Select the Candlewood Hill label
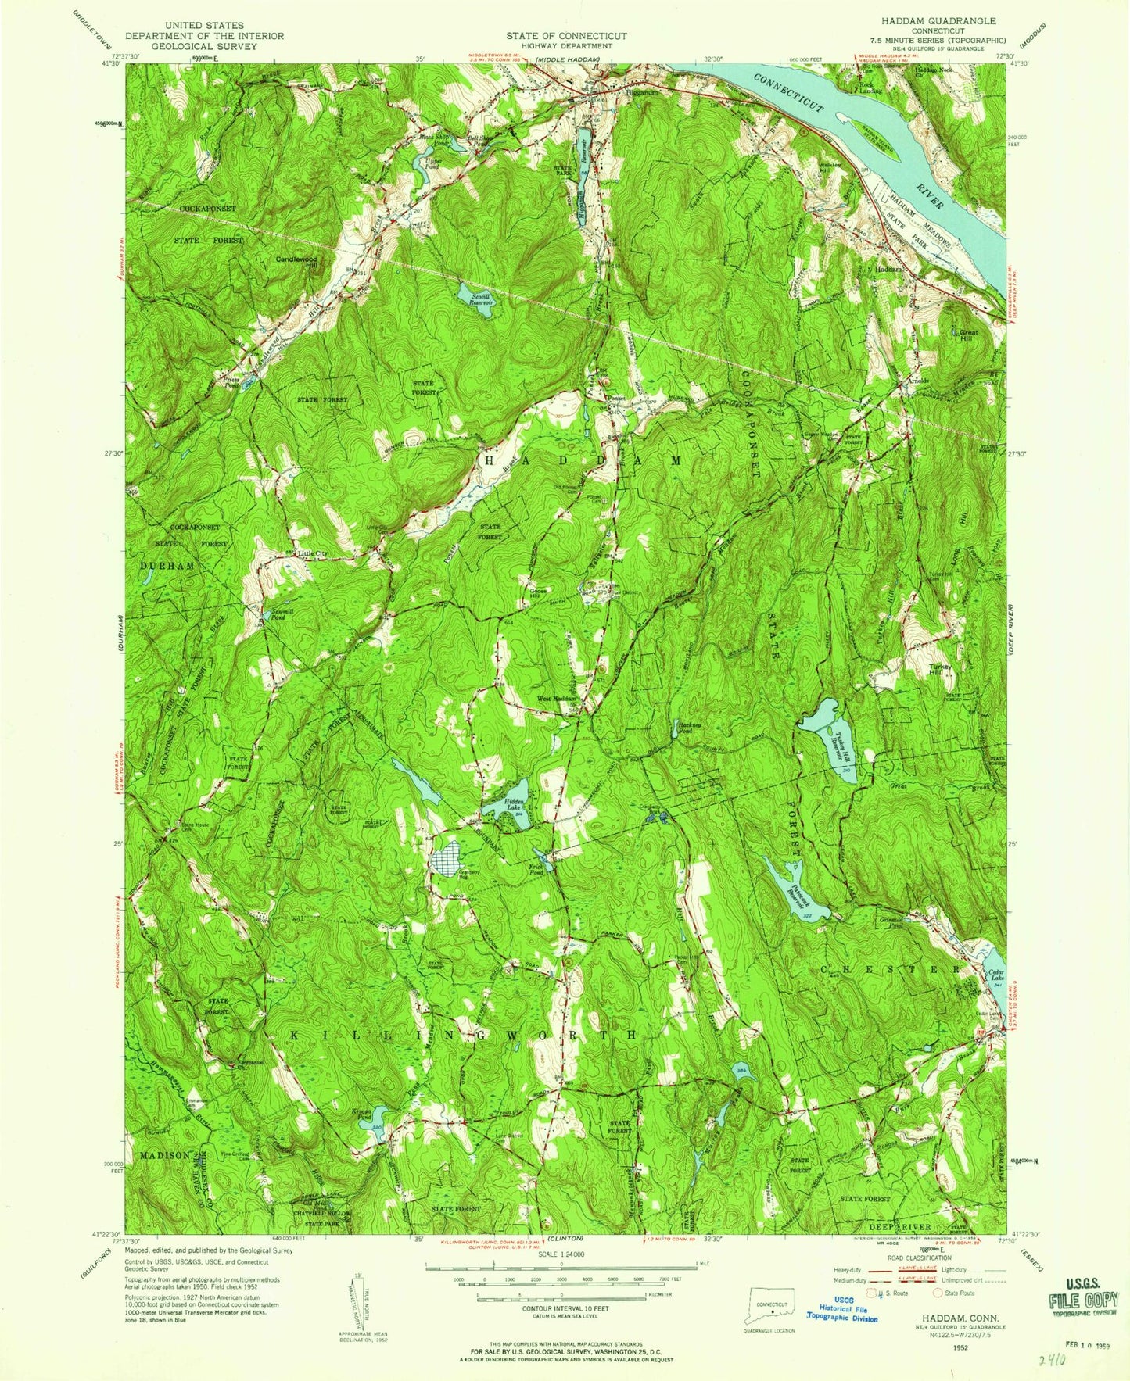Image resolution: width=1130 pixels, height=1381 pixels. [x=296, y=261]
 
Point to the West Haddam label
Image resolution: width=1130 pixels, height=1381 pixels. [x=556, y=698]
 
